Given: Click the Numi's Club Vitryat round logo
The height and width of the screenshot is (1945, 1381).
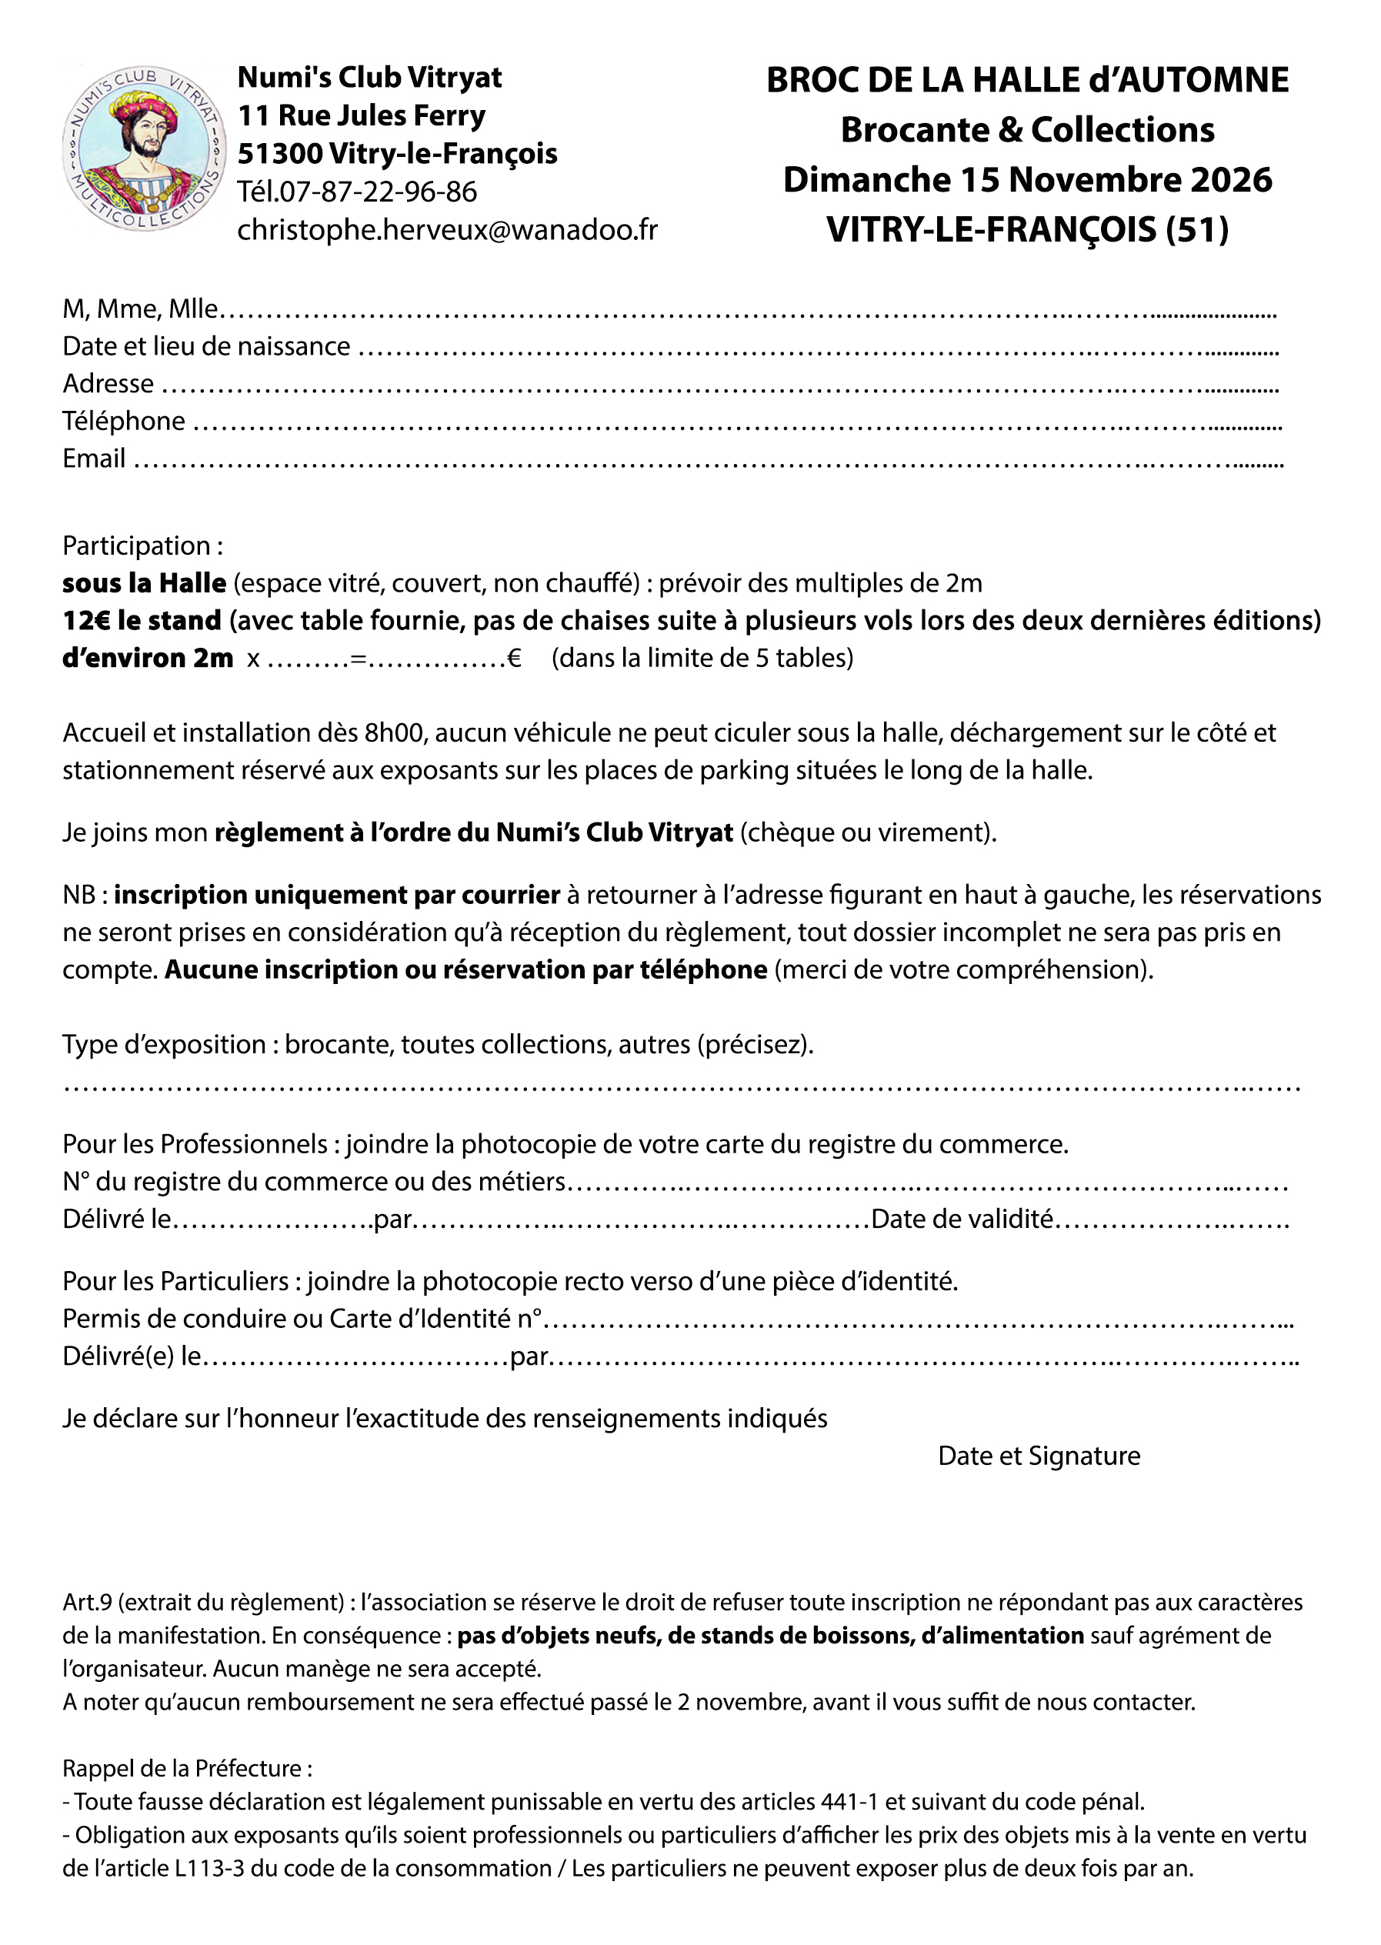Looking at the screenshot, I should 144,148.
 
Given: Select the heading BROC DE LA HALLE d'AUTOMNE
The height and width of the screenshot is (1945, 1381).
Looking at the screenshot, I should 1027,80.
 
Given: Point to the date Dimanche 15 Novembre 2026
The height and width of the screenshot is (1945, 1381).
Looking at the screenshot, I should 1027,180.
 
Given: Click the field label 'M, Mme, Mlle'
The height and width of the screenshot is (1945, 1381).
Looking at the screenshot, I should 140,309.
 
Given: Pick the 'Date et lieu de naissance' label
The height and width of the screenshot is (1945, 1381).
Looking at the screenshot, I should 205,346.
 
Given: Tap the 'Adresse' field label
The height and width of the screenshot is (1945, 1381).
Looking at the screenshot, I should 108,384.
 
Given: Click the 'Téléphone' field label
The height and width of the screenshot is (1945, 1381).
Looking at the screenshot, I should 123,421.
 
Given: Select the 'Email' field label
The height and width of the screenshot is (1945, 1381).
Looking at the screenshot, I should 94,459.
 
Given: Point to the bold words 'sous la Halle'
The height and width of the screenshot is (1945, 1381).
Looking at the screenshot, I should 144,582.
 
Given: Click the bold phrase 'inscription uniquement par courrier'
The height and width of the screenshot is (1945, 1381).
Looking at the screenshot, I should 337,895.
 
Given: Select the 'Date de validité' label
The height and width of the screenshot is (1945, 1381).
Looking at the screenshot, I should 962,1219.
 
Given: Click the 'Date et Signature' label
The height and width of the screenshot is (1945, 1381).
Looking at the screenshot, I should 1039,1455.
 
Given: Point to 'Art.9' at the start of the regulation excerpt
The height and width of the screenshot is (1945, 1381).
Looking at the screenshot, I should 87,1603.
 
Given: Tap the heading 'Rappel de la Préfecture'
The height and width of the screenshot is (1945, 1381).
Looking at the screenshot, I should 187,1768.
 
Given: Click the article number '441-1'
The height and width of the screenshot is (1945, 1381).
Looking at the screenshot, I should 849,1801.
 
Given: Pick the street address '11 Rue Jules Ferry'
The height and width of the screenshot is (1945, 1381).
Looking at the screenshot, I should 362,115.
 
